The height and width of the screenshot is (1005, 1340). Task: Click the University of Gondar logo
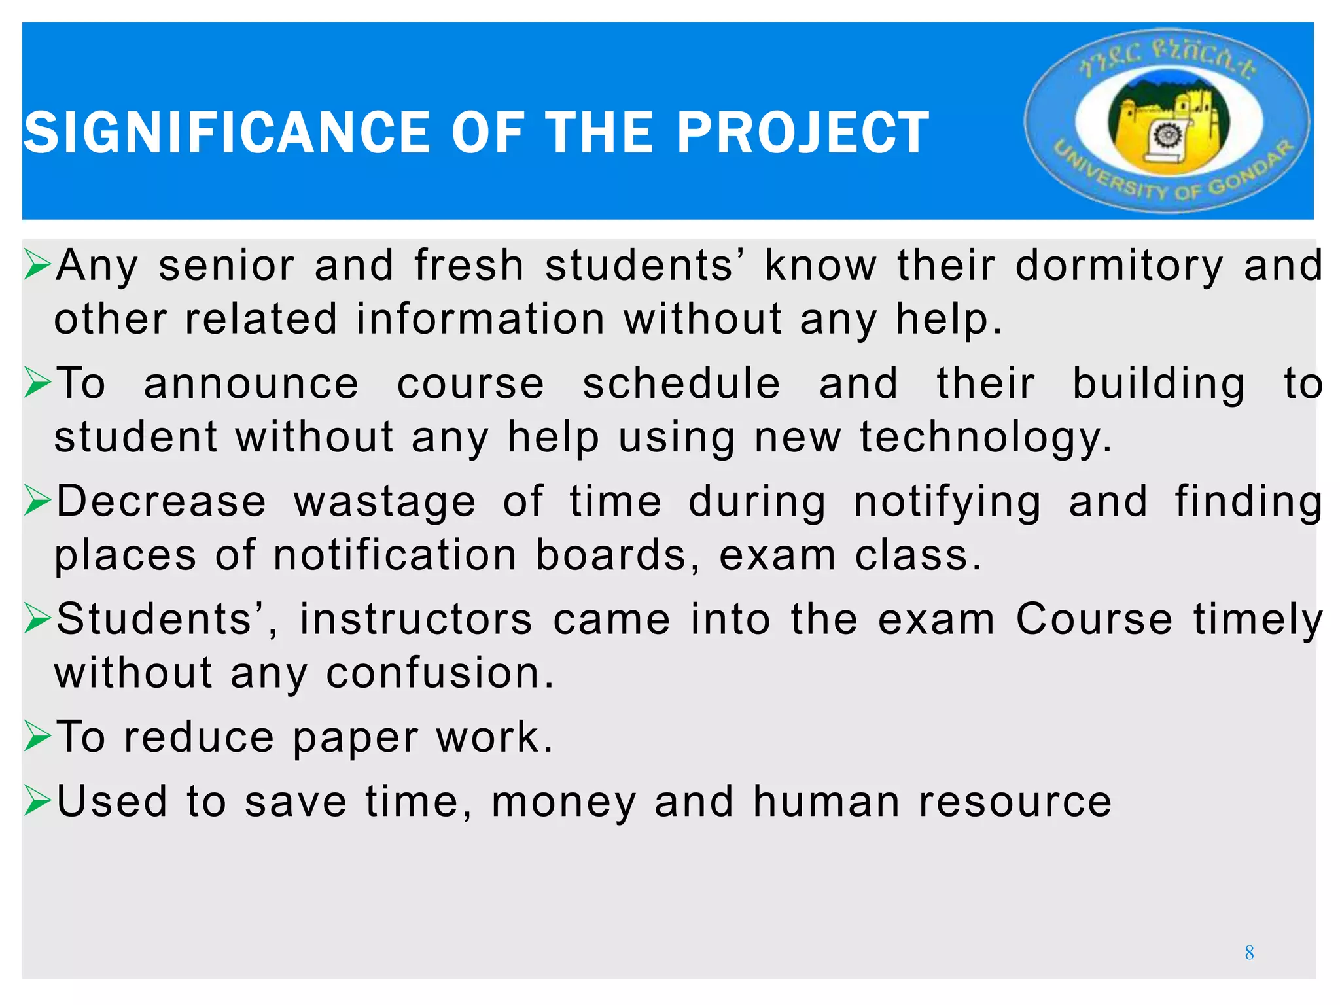click(x=1167, y=121)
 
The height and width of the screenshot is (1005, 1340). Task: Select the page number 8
click(x=1249, y=953)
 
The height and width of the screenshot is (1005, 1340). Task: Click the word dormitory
click(x=1118, y=266)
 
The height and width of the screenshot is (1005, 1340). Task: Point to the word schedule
click(x=681, y=384)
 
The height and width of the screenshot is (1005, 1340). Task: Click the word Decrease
click(x=162, y=502)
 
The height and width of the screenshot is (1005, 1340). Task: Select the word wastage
click(x=385, y=503)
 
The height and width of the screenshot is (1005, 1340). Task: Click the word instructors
click(x=416, y=620)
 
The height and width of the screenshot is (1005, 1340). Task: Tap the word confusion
click(x=440, y=673)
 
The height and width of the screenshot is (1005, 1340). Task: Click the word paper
click(x=355, y=739)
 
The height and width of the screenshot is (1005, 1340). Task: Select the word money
click(x=563, y=803)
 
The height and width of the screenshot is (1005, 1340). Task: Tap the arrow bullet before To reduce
click(x=37, y=737)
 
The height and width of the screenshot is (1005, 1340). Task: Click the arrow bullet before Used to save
click(x=37, y=802)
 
